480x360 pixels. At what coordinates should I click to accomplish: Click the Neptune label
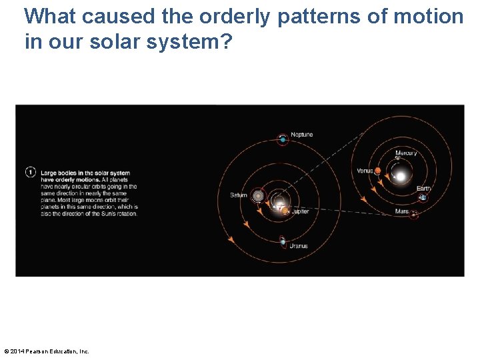tap(301, 135)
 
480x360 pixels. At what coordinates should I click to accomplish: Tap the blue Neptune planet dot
tap(283, 139)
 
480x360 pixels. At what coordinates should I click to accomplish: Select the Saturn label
tap(238, 195)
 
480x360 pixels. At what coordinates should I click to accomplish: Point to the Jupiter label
tap(299, 211)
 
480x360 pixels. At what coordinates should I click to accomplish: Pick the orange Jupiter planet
tap(285, 211)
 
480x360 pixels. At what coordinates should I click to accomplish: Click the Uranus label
tap(298, 246)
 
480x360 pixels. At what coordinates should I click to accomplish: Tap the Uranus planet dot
tap(283, 241)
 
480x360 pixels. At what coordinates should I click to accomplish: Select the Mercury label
tap(406, 153)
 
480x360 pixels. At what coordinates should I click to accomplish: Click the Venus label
tap(365, 171)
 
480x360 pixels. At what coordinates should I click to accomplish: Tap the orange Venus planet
tap(377, 171)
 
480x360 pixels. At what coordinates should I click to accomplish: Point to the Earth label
tap(423, 189)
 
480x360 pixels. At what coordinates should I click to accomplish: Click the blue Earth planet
tap(423, 197)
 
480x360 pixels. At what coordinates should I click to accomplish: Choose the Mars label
tap(401, 211)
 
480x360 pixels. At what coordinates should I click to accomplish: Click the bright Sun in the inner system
tap(401, 177)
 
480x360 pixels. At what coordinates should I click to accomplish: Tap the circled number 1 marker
tap(30, 172)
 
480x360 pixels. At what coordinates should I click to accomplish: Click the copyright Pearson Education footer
tap(47, 351)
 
